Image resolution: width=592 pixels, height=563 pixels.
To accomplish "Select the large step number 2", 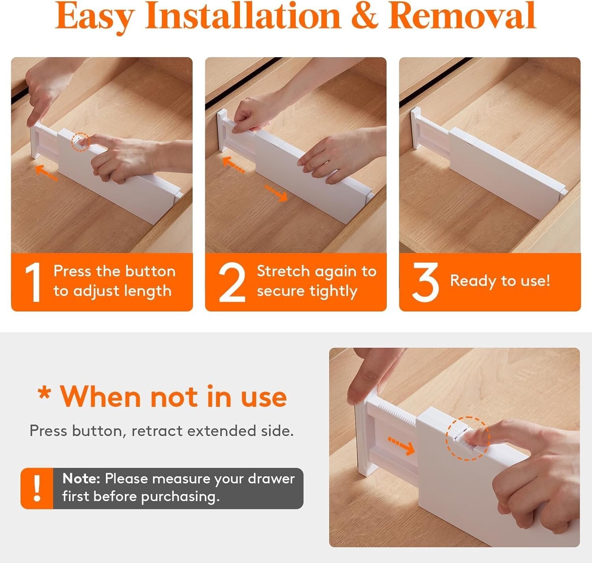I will [x=232, y=283].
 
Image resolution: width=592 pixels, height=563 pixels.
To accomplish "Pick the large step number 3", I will [x=425, y=282].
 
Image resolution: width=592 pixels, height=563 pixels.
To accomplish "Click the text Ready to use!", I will [x=500, y=281].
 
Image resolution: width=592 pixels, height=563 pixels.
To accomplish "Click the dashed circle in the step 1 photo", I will [x=80, y=142].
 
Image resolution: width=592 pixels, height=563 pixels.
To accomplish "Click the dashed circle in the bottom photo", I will [x=468, y=438].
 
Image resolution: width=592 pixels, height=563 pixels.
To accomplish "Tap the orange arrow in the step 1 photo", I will [x=46, y=173].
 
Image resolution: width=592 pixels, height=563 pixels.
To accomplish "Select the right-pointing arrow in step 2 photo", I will [x=277, y=193].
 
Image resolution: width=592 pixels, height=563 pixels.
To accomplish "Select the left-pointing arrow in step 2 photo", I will [x=233, y=164].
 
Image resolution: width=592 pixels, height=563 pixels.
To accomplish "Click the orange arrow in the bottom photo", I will [x=401, y=446].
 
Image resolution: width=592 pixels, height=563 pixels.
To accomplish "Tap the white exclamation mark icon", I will [x=37, y=488].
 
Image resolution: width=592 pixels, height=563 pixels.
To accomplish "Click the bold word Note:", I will [x=81, y=479].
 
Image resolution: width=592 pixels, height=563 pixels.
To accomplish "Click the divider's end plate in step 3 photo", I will [x=416, y=128].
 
